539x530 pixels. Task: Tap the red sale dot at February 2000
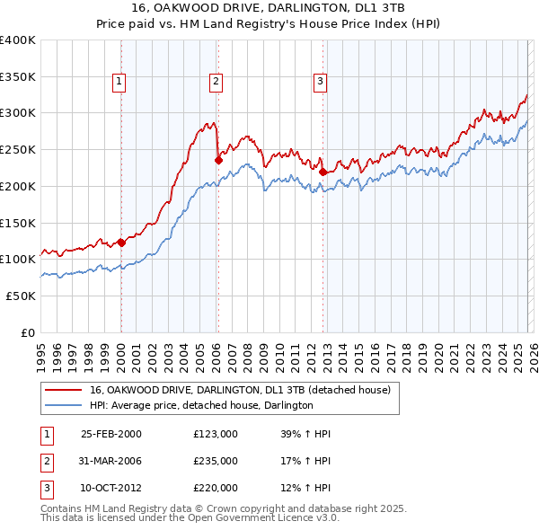(x=121, y=242)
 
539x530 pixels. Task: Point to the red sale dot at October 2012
(x=323, y=171)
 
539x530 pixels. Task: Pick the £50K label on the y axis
(x=21, y=296)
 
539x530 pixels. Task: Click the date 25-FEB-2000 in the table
(x=111, y=434)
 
